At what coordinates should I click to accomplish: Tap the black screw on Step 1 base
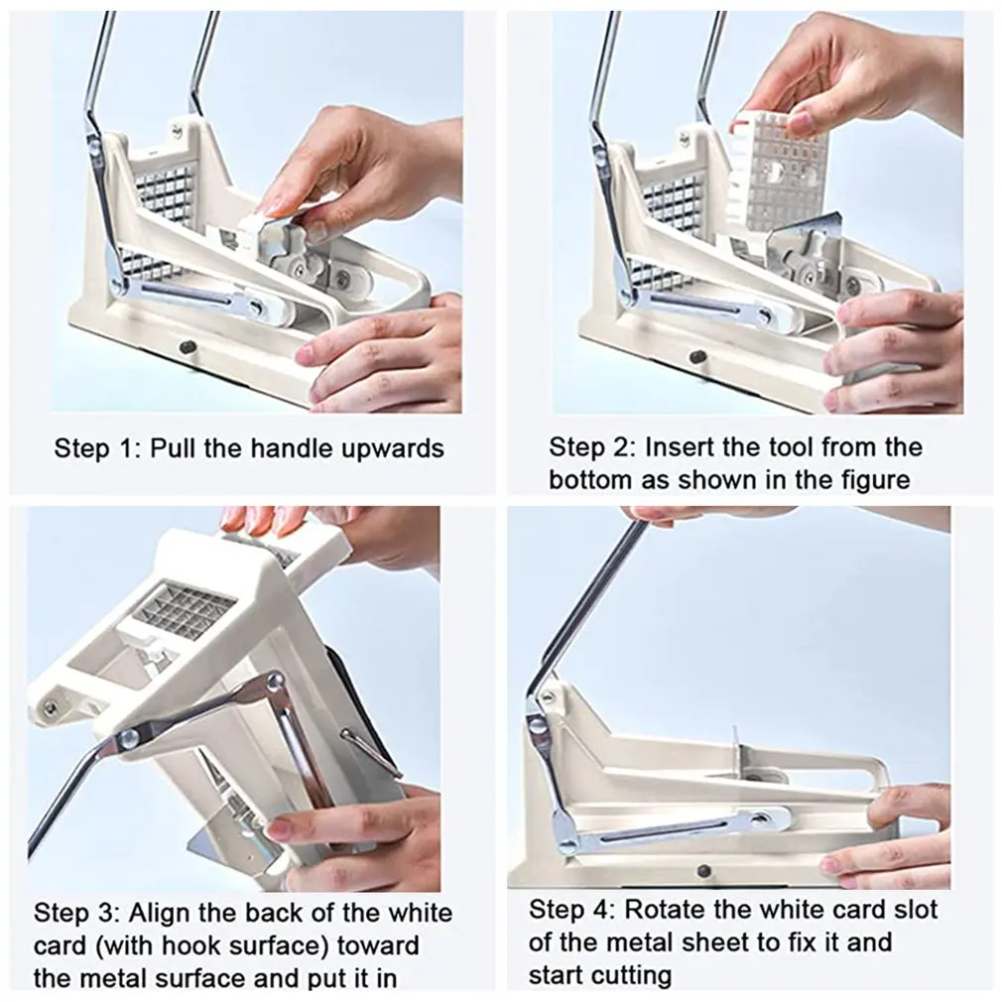point(186,347)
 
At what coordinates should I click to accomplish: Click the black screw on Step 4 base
point(703,870)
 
